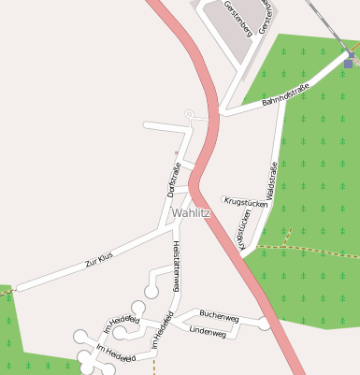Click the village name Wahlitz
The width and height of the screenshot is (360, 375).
click(191, 213)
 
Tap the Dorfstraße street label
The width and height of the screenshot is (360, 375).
click(174, 179)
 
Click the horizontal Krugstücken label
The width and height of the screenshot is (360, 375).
click(247, 200)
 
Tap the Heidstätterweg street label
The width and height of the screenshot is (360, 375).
click(175, 267)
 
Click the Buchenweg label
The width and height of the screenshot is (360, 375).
click(220, 318)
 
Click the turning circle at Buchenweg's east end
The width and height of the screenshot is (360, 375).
click(266, 324)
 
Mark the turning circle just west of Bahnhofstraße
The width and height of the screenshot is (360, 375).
click(190, 115)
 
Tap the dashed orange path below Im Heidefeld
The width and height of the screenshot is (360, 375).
click(153, 365)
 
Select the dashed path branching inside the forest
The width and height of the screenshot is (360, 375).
click(289, 234)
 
